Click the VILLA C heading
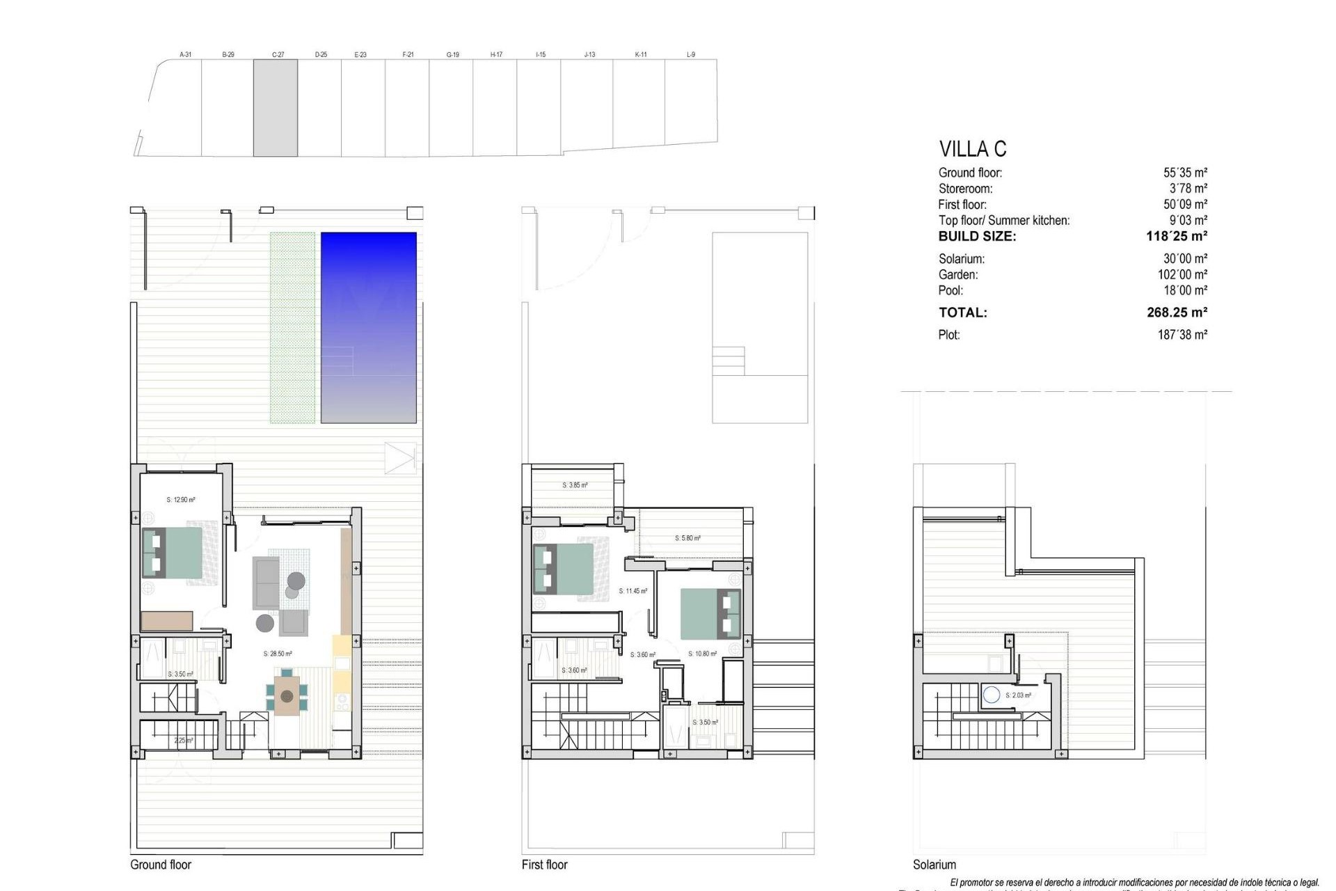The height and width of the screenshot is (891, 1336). coord(972,149)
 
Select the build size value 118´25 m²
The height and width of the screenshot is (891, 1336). coord(1176,237)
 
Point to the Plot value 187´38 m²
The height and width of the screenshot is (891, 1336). coord(1182,335)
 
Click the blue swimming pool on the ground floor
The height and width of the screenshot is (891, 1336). coord(368,327)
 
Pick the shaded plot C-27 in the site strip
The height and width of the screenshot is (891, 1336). coord(276,108)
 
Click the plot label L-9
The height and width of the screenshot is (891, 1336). coord(690,54)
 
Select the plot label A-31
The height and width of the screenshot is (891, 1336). coord(185,54)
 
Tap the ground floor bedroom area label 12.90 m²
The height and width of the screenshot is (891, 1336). coord(181,500)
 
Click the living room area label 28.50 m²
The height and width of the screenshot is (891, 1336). coord(278,654)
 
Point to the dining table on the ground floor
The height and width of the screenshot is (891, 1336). coord(287,694)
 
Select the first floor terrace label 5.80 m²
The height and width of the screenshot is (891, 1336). coord(687,538)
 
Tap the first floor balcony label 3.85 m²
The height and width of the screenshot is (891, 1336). coord(575,485)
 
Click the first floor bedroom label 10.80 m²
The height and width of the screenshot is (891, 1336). coord(702,654)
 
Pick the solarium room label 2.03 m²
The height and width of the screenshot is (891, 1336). coord(1018,695)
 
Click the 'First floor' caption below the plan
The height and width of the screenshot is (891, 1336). coord(544,865)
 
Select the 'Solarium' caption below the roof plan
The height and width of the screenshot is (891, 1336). coord(934,865)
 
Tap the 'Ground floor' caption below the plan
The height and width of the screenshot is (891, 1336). coord(161,865)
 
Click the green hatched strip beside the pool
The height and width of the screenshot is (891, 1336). coord(292,327)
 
